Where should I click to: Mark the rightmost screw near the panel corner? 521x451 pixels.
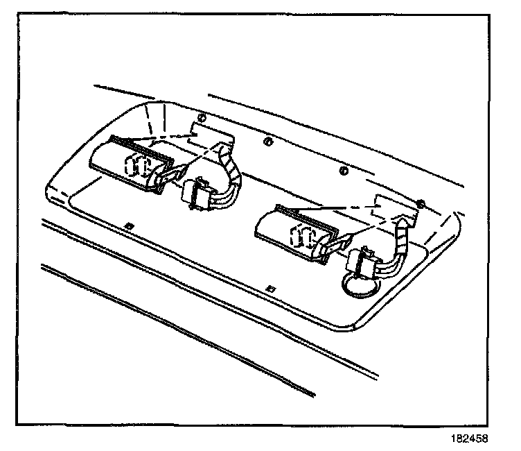click(421, 203)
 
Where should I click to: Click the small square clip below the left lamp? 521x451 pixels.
click(130, 226)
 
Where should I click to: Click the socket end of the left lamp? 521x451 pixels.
click(164, 179)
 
